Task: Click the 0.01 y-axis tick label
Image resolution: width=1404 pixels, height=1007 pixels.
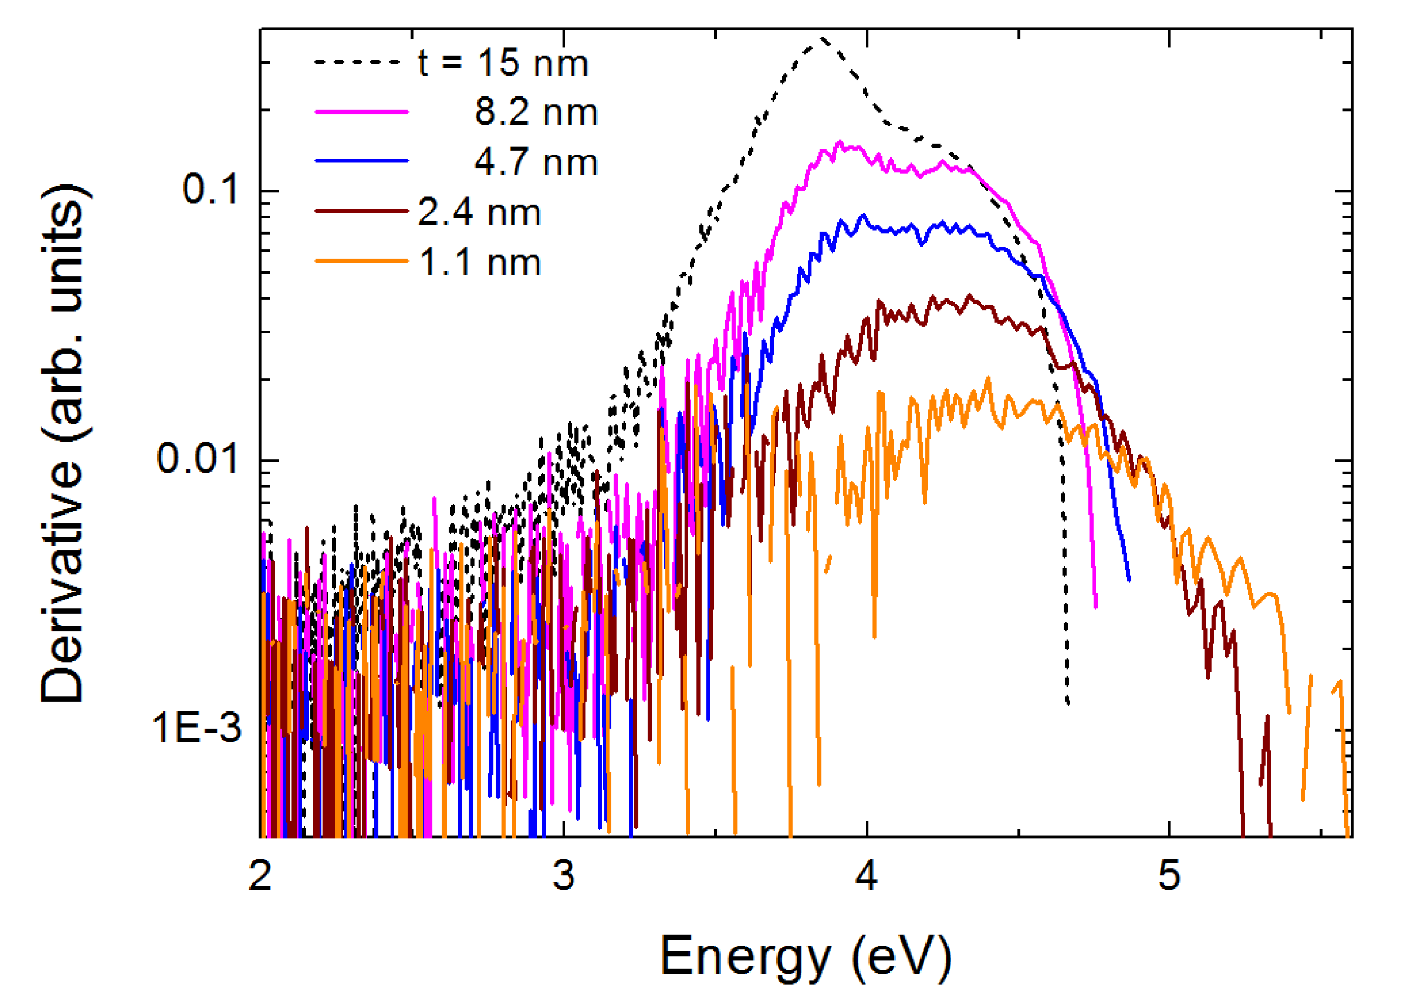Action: coord(198,459)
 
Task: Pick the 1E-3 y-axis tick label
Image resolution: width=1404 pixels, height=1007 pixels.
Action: coord(197,728)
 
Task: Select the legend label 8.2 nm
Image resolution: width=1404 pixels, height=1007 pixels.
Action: coord(536,113)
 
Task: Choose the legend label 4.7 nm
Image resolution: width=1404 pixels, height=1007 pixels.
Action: coord(536,162)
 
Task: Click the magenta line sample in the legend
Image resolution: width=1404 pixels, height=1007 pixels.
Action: coord(362,112)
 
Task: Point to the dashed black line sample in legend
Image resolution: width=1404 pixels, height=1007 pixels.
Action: coord(357,61)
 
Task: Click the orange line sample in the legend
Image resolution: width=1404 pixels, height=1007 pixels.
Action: coord(362,261)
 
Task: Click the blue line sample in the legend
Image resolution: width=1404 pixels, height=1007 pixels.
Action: coord(362,161)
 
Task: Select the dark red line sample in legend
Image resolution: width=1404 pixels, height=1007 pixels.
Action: coord(362,211)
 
